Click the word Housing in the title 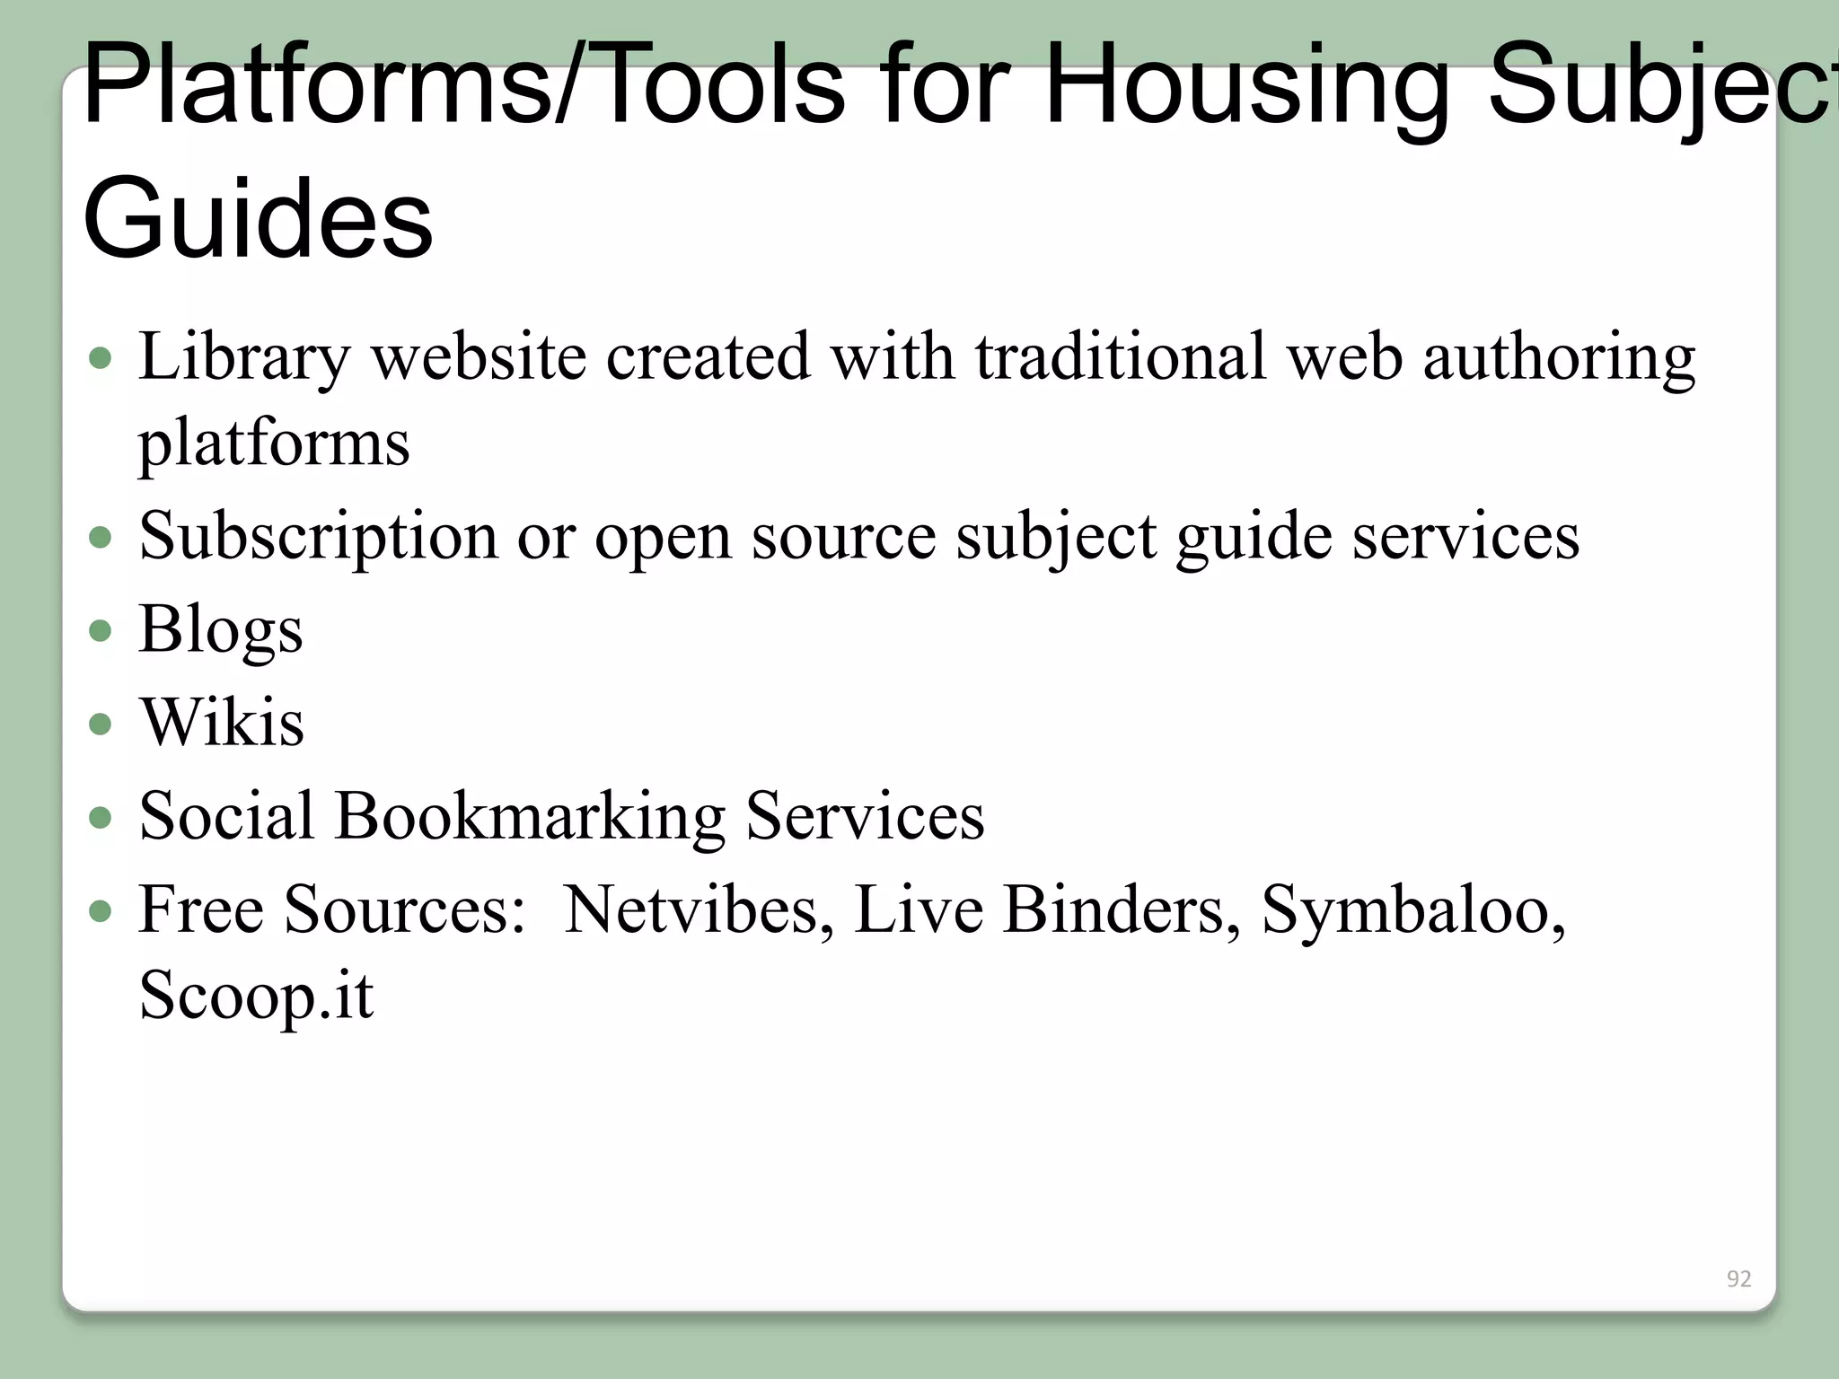1248,87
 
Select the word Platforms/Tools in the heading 463,87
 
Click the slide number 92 1738,1278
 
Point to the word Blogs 221,630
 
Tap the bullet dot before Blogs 101,630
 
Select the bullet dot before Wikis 101,724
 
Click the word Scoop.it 256,996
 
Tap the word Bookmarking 530,817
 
